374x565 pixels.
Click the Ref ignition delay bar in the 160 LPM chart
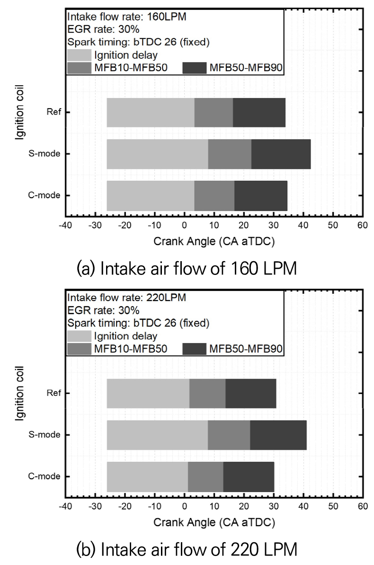(x=151, y=112)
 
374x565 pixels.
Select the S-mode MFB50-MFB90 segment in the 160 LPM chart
(x=281, y=154)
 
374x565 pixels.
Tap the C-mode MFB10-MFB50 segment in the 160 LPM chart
(x=214, y=195)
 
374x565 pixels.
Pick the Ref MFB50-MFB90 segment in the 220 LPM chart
(x=250, y=393)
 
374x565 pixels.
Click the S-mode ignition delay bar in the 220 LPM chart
(x=157, y=435)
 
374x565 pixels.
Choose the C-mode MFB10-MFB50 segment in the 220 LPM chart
(x=205, y=476)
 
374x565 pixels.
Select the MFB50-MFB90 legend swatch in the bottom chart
(x=195, y=349)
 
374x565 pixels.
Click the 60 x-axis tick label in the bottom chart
(x=363, y=506)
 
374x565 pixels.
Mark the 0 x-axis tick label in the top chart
(x=184, y=225)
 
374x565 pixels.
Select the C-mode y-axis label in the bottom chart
(x=46, y=476)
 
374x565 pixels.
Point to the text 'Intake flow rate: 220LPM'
(x=126, y=298)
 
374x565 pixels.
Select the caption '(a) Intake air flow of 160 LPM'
(x=187, y=269)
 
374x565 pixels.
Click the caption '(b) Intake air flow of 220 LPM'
(x=187, y=550)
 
